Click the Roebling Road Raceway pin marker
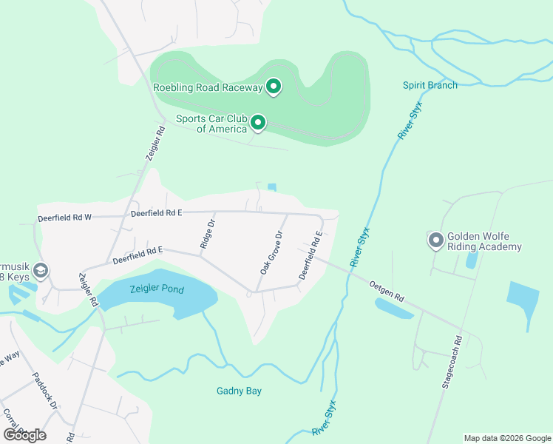[274, 87]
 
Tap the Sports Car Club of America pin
[258, 122]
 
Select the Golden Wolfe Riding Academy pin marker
[435, 240]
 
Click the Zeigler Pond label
[157, 289]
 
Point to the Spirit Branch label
[430, 85]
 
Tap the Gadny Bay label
[240, 391]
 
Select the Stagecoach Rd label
[452, 362]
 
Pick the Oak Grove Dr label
[271, 253]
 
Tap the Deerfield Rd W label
[64, 218]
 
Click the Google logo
[24, 434]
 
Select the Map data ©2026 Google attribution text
[507, 438]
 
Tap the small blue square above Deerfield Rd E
[272, 186]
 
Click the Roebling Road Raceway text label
[208, 88]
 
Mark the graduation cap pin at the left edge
[41, 270]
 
